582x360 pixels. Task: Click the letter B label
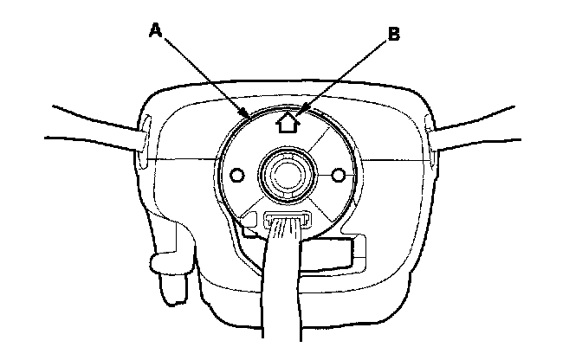pyautogui.click(x=393, y=35)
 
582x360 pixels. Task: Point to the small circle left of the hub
pyautogui.click(x=236, y=177)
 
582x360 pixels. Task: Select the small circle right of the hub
pyautogui.click(x=339, y=177)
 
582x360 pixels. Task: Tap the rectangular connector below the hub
pyautogui.click(x=287, y=220)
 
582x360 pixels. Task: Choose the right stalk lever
pyautogui.click(x=502, y=130)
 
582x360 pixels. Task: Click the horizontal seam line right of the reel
pyautogui.click(x=394, y=160)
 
